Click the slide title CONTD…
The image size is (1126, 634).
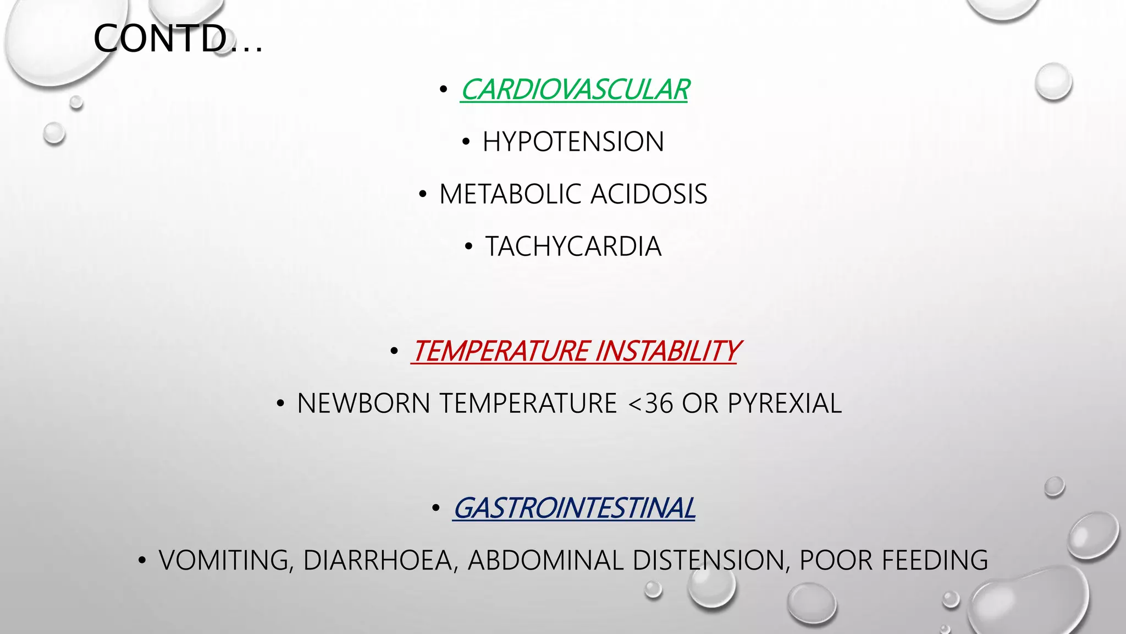178,39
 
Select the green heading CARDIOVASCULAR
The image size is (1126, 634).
575,90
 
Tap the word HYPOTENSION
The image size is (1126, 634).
573,142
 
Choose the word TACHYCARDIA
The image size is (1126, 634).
573,247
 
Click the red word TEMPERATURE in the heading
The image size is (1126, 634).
501,351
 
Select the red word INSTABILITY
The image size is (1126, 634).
667,351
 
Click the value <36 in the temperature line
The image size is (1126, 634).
650,403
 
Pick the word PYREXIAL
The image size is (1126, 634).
785,403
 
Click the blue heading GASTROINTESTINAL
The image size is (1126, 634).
574,508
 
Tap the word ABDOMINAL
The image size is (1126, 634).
546,560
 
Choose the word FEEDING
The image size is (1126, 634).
935,560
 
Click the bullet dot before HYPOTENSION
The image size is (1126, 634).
466,143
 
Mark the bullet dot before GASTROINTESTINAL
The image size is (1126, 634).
436,509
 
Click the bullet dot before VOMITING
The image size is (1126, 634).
142,561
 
